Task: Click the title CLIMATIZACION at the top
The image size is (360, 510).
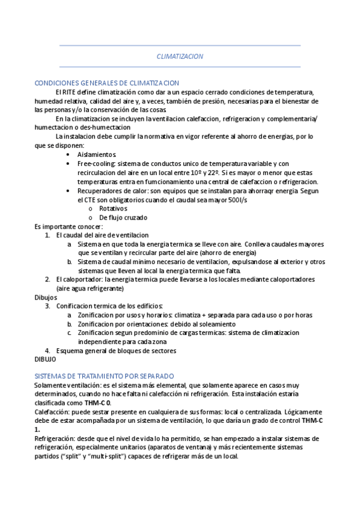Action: (180, 56)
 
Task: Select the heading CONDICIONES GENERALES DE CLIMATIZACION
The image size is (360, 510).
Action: (107, 83)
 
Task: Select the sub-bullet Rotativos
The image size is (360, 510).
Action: (114, 208)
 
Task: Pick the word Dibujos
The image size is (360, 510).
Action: (46, 297)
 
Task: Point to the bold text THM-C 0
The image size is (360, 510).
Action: (97, 402)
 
